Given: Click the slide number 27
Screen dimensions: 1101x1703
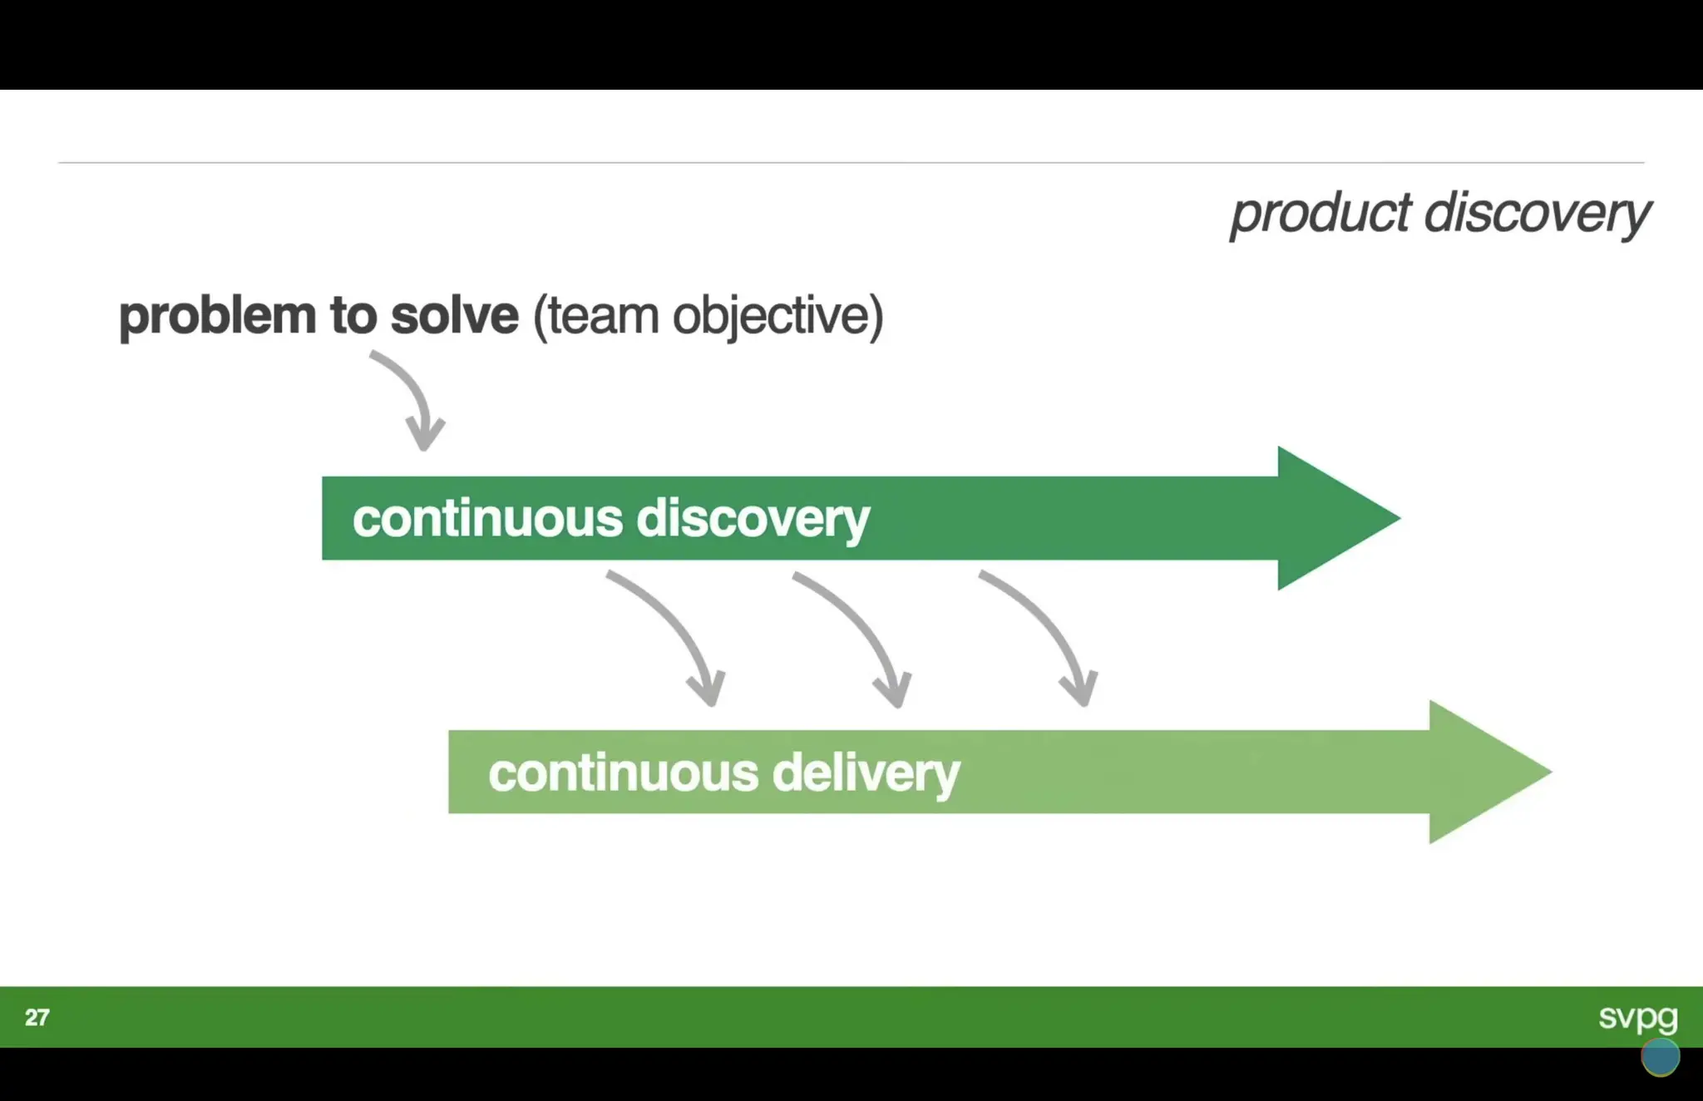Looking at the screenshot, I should tap(37, 1017).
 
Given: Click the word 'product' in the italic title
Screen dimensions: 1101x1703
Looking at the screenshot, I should tap(1320, 215).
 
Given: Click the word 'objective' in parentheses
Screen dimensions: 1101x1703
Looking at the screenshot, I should tap(777, 317).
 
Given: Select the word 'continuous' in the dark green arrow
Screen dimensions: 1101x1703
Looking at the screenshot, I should tap(487, 519).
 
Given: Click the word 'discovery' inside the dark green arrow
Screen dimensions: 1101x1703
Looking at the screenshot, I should tap(753, 519).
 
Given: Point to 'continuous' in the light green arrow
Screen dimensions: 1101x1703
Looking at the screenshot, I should tap(623, 773).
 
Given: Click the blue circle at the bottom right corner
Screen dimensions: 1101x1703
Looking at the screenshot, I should tap(1660, 1057).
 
